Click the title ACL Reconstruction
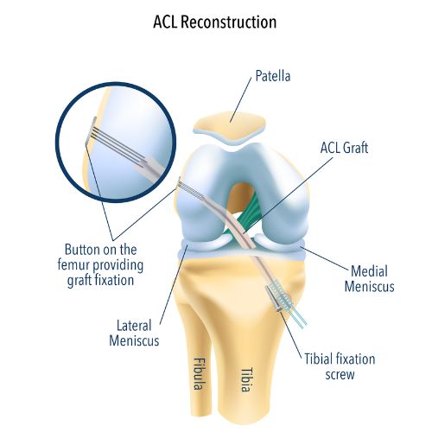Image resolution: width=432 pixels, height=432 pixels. pyautogui.click(x=215, y=22)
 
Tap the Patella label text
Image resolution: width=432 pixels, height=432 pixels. pyautogui.click(x=273, y=76)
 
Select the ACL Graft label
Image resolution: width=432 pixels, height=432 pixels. pyautogui.click(x=344, y=148)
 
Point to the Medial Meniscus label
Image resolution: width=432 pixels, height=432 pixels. pyautogui.click(x=370, y=279)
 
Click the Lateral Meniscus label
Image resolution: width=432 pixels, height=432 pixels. pyautogui.click(x=134, y=334)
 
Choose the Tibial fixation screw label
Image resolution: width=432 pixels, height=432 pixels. pyautogui.click(x=340, y=366)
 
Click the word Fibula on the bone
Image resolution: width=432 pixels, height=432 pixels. pyautogui.click(x=199, y=374)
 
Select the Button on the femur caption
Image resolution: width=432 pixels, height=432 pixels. pyautogui.click(x=100, y=264)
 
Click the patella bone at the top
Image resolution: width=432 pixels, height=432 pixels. pyautogui.click(x=230, y=126)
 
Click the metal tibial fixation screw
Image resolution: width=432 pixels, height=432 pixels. pyautogui.click(x=273, y=298)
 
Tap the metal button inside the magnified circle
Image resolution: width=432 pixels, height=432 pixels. pyautogui.click(x=91, y=130)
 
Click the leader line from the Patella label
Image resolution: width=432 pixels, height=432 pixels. pyautogui.click(x=241, y=100)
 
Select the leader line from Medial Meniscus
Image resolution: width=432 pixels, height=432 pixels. pyautogui.click(x=325, y=258)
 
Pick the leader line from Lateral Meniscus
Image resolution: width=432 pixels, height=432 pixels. pyautogui.click(x=174, y=285)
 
